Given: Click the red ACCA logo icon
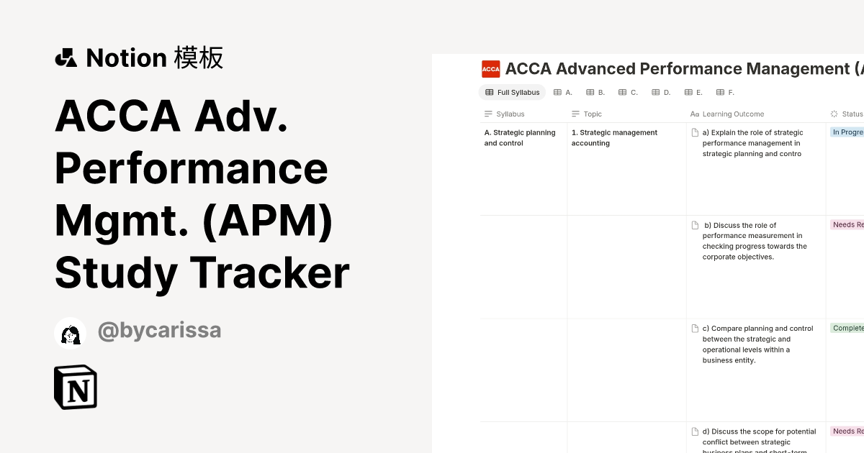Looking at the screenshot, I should tap(491, 69).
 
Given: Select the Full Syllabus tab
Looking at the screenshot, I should tap(512, 92).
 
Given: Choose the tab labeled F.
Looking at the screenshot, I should tap(725, 92).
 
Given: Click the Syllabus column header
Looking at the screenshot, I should tap(510, 114).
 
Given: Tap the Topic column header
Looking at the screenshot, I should tap(592, 114).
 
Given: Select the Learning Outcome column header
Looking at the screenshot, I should tap(732, 114).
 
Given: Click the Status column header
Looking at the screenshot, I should tap(851, 114).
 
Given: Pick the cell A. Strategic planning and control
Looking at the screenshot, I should tap(520, 137).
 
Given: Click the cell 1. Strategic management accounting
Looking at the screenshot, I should tap(614, 137).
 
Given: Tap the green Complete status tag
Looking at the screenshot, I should tap(847, 328).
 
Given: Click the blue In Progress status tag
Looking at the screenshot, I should tap(847, 132).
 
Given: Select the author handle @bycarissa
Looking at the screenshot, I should tap(159, 331).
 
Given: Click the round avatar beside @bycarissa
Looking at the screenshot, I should tap(70, 333).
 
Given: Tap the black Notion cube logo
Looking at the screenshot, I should tap(76, 387).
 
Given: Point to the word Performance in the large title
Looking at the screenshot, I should tap(191, 168).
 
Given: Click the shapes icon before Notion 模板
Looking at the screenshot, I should tap(66, 58).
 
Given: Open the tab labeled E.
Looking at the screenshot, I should tap(693, 92).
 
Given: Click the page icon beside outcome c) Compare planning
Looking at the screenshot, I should tap(695, 329).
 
